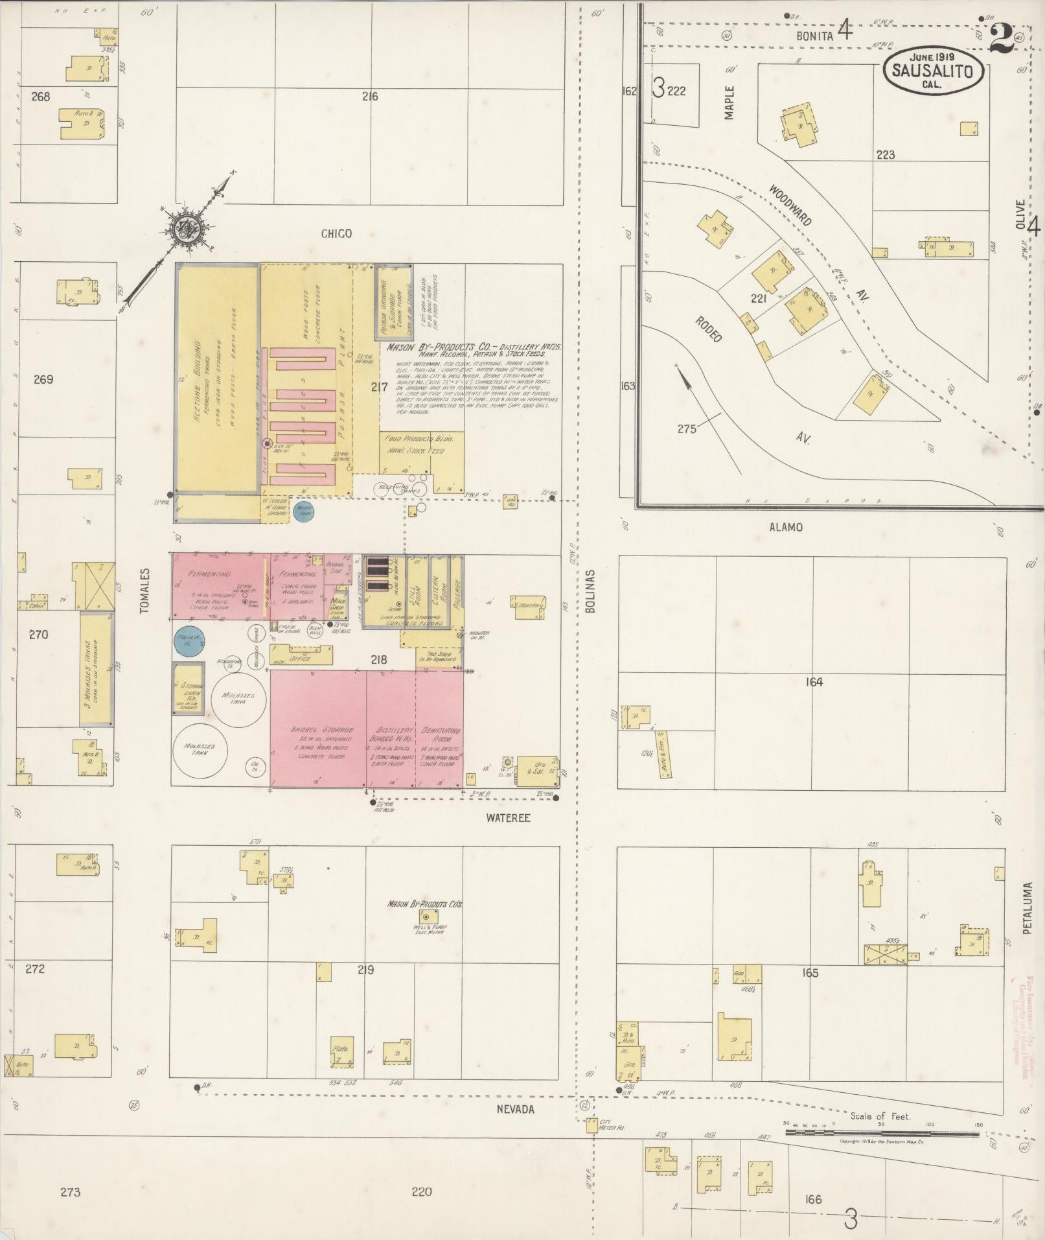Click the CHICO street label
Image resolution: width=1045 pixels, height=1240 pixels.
pyautogui.click(x=336, y=233)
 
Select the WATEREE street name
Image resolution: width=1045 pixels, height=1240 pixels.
pyautogui.click(x=508, y=818)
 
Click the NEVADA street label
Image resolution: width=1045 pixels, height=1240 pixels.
pyautogui.click(x=515, y=1109)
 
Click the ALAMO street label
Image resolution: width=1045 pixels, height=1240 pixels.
pyautogui.click(x=786, y=527)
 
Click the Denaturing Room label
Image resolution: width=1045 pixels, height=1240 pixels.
pyautogui.click(x=441, y=734)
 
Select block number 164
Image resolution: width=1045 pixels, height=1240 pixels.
pyautogui.click(x=814, y=682)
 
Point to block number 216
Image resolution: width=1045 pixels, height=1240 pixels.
pyautogui.click(x=370, y=97)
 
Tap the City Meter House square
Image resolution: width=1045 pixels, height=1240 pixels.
pyautogui.click(x=591, y=1126)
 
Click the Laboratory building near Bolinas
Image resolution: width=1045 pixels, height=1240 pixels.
pyautogui.click(x=528, y=605)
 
